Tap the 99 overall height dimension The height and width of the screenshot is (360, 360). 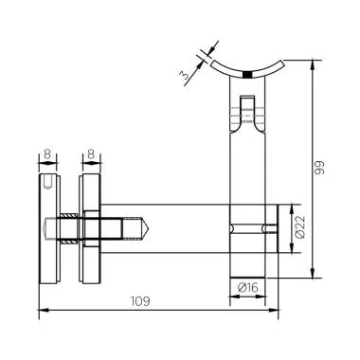pyautogui.click(x=325, y=168)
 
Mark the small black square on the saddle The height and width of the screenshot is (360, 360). pyautogui.click(x=247, y=75)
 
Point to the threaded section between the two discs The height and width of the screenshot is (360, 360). pyautogui.click(x=70, y=227)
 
